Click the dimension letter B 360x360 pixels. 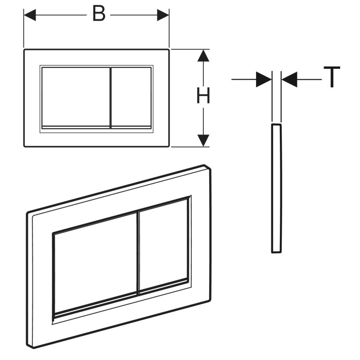coord(99,13)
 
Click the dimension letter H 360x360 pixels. coord(203,95)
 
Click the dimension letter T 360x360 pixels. coord(332,77)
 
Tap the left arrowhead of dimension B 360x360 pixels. coord(30,15)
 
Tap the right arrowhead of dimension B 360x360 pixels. coord(163,15)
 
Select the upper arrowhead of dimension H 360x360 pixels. coord(203,55)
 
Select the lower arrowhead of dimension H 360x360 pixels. coord(203,140)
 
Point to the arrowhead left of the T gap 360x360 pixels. coord(264,80)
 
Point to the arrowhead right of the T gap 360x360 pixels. coord(289,80)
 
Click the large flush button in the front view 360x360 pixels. coord(76,98)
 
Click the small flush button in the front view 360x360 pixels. coord(131,98)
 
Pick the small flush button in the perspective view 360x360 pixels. coord(164,246)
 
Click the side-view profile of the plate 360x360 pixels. coord(276,189)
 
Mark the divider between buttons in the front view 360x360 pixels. coord(111,98)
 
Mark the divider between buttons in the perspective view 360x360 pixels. coord(138,253)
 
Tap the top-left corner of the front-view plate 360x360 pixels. coord(24,49)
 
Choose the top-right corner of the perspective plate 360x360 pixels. coord(210,169)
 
